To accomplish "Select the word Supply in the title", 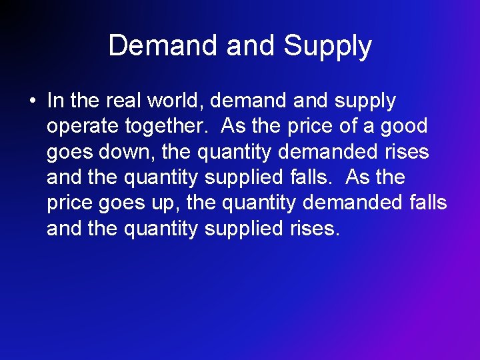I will (327, 46).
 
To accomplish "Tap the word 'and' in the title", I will (251, 46).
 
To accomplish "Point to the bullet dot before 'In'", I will (31, 101).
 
